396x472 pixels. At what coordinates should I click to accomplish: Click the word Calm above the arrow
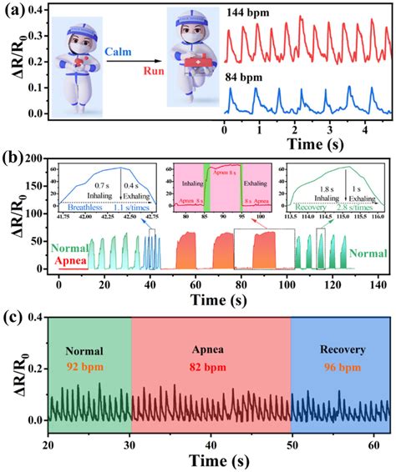120,52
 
